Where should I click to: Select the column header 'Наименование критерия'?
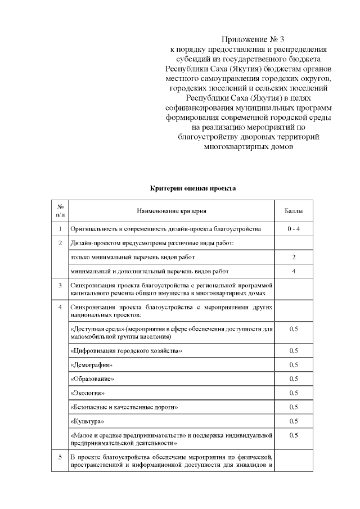coord(172,211)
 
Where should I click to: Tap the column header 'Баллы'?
coord(293,211)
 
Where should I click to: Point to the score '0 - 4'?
coord(293,229)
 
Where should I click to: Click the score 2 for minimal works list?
coord(294,257)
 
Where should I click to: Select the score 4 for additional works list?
coord(294,271)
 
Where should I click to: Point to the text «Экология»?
coord(88,393)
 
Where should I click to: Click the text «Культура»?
coord(87,421)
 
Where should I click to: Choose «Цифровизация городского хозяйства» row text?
coord(126,351)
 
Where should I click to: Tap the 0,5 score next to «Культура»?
coord(294,421)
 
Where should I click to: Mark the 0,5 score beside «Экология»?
coord(294,393)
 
